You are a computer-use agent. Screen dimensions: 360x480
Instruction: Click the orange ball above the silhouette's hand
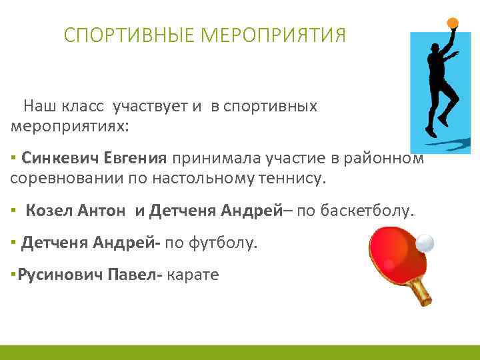[x=453, y=22]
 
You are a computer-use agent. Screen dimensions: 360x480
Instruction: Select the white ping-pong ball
[x=425, y=243]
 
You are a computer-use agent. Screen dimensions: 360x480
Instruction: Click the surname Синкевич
[x=60, y=157]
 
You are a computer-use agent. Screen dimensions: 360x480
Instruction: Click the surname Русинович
[x=61, y=275]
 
